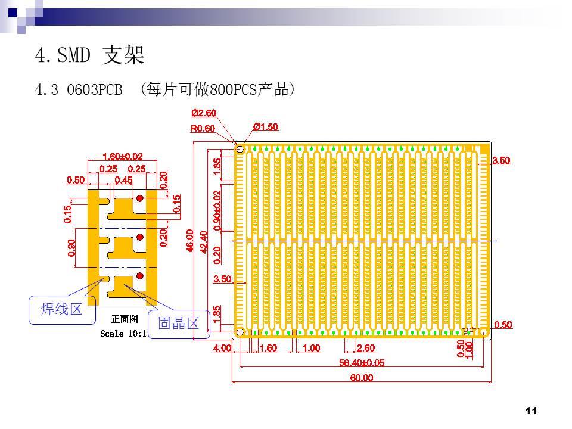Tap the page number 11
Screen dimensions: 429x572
pos(532,410)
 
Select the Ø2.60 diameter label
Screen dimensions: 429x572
pos(204,113)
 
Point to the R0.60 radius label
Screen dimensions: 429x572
pos(203,129)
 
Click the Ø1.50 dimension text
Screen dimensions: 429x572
pos(265,127)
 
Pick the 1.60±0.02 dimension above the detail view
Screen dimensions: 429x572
pos(123,156)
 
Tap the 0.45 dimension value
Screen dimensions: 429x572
pos(123,179)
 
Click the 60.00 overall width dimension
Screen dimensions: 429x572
pos(361,378)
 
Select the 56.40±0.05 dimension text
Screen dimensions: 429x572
pos(362,362)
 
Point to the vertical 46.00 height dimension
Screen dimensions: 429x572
pos(191,241)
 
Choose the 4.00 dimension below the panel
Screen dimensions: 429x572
pos(222,348)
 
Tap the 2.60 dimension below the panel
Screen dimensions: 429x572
pos(365,348)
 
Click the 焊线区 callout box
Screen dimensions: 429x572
pos(61,309)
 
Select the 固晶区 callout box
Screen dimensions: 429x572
pos(178,324)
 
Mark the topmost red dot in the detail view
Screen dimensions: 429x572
pos(140,198)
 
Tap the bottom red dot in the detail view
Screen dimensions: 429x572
pos(140,276)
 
